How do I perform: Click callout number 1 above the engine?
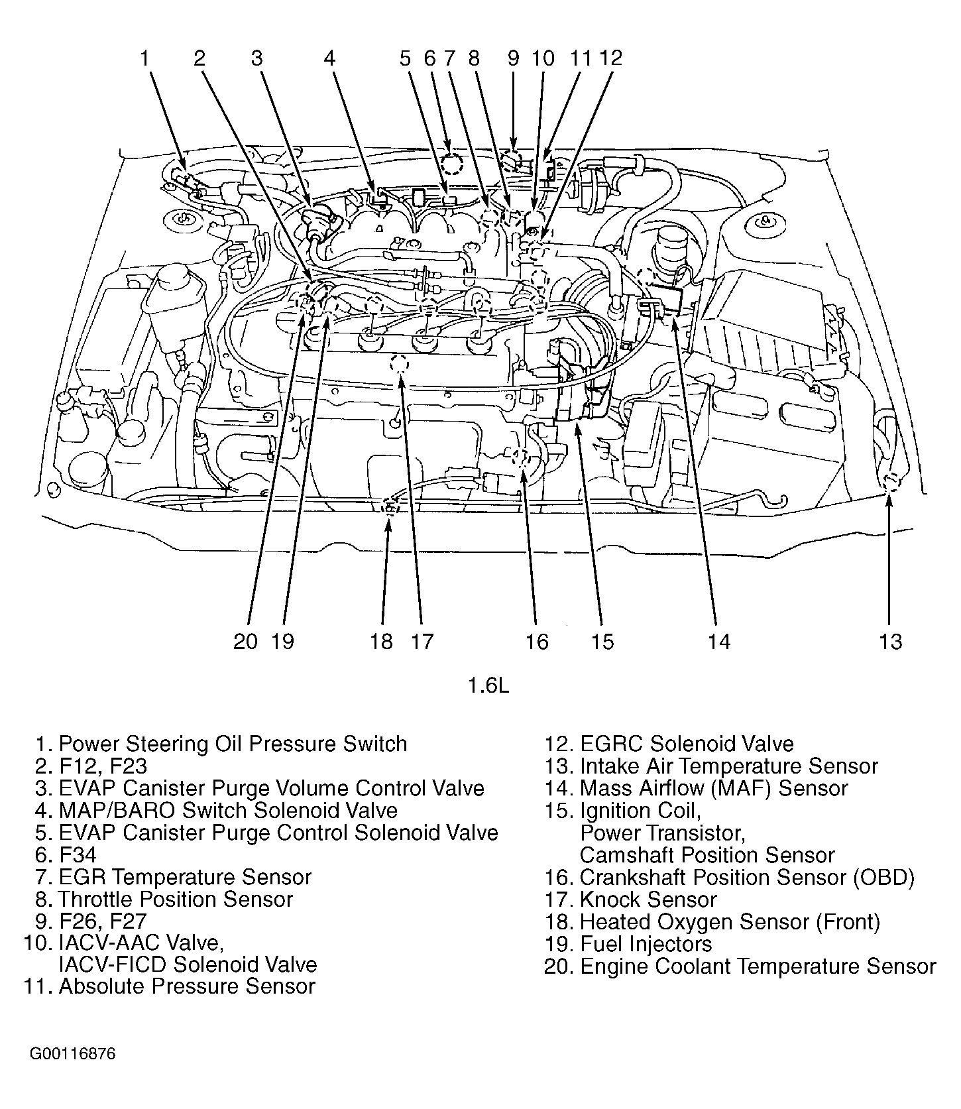point(144,58)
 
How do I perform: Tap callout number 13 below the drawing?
point(891,641)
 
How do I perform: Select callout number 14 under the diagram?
point(718,641)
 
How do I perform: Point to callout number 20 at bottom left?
point(245,641)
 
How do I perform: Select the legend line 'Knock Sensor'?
point(648,900)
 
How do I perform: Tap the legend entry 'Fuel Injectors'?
point(646,944)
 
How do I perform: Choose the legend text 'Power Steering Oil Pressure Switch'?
point(232,744)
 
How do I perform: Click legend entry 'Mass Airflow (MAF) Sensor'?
point(713,788)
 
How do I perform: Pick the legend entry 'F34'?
point(77,854)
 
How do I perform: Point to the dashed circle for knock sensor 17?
point(399,365)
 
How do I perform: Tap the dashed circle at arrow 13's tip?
point(890,482)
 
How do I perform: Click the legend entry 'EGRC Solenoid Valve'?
point(686,744)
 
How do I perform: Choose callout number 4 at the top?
point(329,58)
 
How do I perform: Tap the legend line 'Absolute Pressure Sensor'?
point(186,986)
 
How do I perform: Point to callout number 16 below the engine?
point(537,641)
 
